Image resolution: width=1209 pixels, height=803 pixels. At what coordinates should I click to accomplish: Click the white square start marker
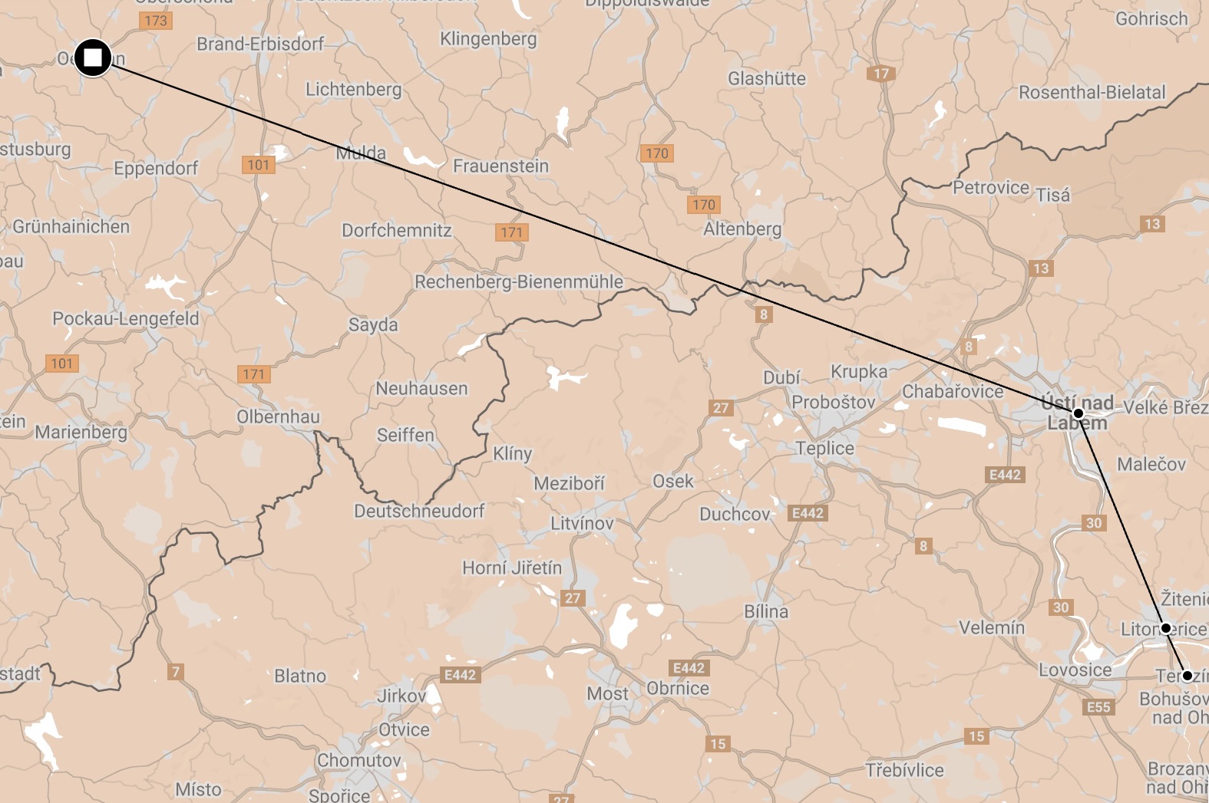93,58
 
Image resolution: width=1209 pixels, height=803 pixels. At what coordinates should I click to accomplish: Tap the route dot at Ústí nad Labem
1078,413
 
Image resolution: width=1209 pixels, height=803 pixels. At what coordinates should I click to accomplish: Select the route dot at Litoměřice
1166,628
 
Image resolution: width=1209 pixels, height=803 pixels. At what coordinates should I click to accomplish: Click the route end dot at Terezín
1187,676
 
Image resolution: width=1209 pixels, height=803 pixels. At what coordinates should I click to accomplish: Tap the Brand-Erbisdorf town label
260,44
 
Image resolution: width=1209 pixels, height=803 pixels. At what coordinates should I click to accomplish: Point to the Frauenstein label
500,166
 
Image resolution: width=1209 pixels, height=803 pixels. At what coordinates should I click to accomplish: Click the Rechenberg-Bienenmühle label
519,281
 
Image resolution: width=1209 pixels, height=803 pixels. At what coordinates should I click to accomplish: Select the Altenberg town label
742,229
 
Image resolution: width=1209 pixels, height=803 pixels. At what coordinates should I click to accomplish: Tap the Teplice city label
824,448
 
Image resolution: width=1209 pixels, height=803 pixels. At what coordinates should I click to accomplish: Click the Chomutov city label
359,760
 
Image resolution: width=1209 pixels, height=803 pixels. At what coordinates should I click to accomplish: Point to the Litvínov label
582,524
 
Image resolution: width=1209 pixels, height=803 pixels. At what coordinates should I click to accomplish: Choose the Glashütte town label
767,78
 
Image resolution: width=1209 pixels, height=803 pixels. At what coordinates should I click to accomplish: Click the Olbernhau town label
278,416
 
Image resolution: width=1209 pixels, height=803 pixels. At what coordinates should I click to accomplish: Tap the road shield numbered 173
156,21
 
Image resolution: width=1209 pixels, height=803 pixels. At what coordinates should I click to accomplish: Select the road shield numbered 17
881,74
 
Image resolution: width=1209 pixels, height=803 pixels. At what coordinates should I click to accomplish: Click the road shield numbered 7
176,672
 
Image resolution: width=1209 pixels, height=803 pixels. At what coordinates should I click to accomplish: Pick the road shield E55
1098,707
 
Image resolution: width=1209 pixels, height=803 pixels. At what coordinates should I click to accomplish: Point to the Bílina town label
766,611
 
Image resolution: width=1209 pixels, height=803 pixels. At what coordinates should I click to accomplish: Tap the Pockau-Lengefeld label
125,318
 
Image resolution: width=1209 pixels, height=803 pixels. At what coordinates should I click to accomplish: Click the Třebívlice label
904,769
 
